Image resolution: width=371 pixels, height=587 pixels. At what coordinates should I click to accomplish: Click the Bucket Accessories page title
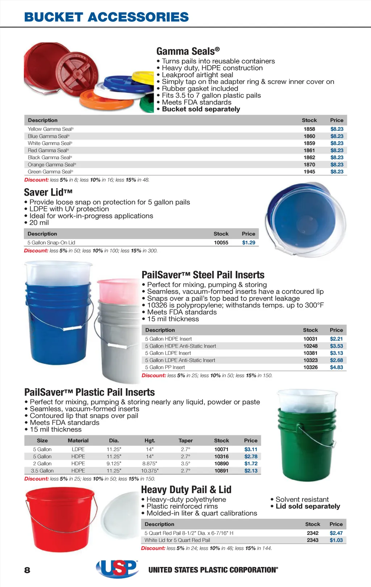(x=106, y=17)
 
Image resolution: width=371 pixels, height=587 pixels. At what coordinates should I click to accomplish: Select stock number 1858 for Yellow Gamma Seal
(x=309, y=129)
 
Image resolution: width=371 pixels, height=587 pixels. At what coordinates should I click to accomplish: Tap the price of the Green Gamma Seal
(x=337, y=172)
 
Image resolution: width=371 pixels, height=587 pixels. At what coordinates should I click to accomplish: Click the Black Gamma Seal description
(x=50, y=158)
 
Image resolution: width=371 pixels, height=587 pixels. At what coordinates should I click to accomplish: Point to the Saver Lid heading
(x=48, y=192)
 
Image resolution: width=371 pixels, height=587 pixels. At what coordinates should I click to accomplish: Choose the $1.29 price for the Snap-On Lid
(x=249, y=243)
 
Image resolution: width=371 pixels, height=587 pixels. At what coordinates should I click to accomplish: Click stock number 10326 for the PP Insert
(x=310, y=367)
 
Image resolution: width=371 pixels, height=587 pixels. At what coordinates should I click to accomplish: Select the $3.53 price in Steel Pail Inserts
(x=336, y=346)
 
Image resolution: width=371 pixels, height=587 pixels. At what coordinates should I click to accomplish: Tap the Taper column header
(x=185, y=441)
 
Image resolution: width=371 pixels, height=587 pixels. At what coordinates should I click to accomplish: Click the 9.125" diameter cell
(x=114, y=464)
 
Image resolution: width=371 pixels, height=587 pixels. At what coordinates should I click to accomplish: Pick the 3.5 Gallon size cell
(x=42, y=471)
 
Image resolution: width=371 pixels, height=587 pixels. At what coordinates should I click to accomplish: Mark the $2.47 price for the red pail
(x=336, y=533)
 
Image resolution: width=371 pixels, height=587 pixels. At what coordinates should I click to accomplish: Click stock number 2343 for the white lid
(x=312, y=540)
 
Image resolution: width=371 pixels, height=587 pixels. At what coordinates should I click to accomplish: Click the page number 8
(x=27, y=570)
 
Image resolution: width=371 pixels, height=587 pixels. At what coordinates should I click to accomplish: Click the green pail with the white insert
(x=306, y=442)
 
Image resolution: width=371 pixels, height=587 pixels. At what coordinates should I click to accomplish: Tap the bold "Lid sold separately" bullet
(x=308, y=506)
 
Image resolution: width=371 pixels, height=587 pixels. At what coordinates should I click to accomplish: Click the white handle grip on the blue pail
(x=72, y=328)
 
